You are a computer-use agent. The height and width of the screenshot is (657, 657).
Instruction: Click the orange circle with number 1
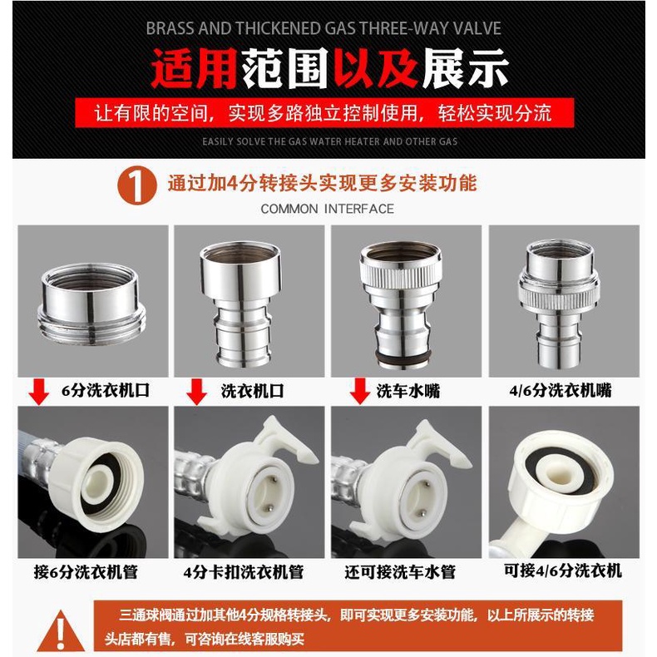137,185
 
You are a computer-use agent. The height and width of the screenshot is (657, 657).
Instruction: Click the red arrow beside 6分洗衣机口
39,392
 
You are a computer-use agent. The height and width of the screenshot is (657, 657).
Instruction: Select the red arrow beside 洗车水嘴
360,391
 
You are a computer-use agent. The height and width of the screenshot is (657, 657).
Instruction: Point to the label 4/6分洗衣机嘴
561,391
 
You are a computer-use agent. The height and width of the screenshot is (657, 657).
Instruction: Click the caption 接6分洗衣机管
86,572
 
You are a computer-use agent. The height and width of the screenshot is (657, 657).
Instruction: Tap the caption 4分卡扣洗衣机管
244,572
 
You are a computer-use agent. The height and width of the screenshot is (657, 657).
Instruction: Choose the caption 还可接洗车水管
400,572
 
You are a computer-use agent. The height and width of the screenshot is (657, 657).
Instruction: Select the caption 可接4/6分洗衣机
563,571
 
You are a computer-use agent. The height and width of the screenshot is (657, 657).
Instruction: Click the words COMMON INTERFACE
327,209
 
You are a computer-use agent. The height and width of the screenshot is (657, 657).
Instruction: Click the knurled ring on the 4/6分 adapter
559,294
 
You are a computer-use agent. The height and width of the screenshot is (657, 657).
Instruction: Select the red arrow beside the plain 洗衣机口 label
196,392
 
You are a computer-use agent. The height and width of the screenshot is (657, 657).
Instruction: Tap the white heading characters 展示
465,67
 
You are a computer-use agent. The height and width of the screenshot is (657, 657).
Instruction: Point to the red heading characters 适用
194,67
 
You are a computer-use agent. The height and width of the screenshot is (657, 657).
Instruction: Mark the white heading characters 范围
284,67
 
